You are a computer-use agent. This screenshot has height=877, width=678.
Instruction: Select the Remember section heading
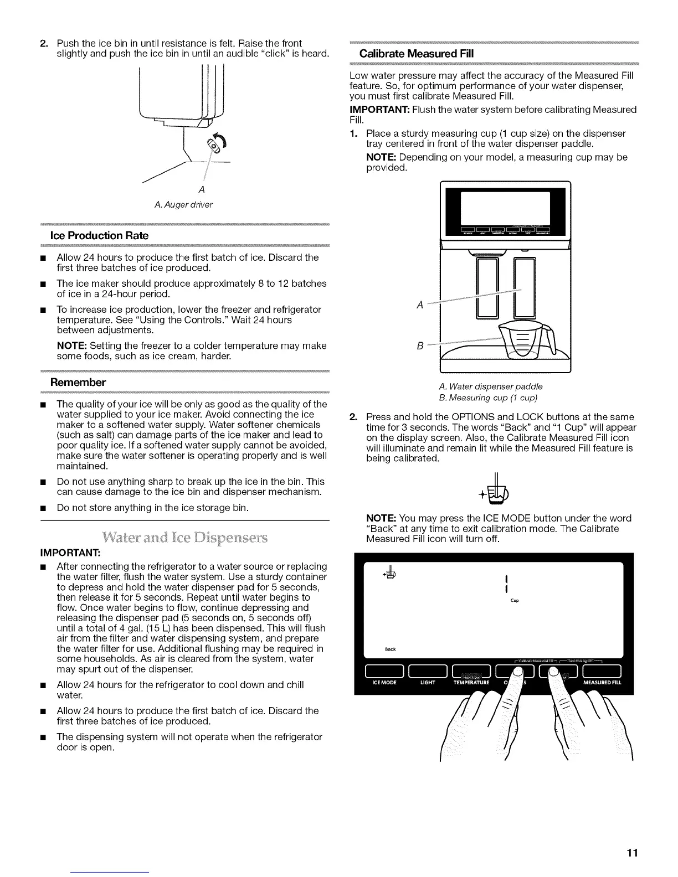pyautogui.click(x=78, y=382)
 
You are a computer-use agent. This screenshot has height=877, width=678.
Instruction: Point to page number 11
pyautogui.click(x=632, y=852)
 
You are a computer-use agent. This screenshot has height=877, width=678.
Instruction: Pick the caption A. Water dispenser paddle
pyautogui.click(x=490, y=386)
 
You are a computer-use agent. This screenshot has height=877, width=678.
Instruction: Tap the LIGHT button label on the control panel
pyautogui.click(x=427, y=683)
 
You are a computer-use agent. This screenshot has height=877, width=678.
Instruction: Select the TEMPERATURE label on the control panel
pyautogui.click(x=471, y=683)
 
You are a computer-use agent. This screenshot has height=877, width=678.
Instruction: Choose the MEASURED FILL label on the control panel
pyautogui.click(x=602, y=683)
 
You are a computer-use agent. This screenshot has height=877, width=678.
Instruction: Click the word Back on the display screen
pyautogui.click(x=391, y=649)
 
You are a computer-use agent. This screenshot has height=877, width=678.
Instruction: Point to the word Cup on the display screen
pyautogui.click(x=515, y=601)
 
